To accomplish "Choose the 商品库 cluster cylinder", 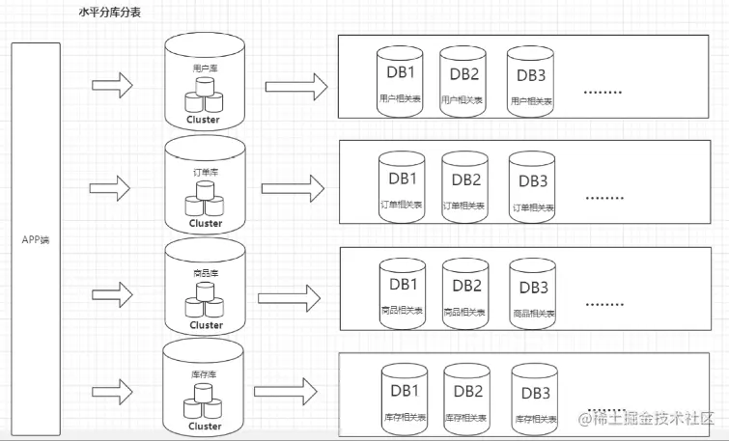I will (x=206, y=289).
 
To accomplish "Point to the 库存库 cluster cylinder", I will (x=206, y=388).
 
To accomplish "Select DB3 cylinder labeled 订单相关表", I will (x=533, y=185).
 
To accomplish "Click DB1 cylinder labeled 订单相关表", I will (x=401, y=185).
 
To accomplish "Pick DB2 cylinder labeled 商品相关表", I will (x=466, y=290).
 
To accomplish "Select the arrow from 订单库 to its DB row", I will (x=291, y=186).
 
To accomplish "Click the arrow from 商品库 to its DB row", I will (x=291, y=294).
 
